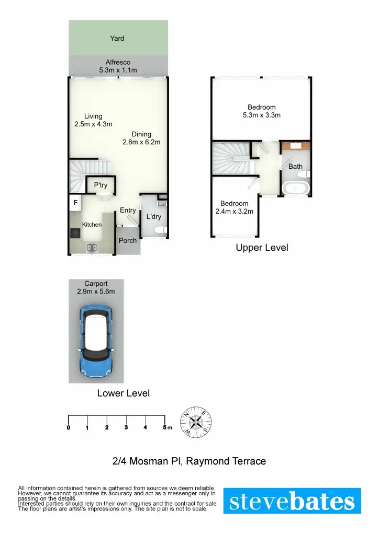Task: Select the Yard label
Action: click(x=117, y=38)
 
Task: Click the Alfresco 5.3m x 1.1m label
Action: click(x=118, y=66)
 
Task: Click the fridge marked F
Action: click(x=75, y=202)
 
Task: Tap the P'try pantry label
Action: click(x=101, y=185)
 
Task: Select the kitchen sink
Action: click(x=92, y=248)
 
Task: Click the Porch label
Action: click(x=128, y=241)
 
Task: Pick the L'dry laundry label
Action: click(x=153, y=216)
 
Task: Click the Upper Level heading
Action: click(x=262, y=248)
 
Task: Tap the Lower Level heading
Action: click(x=124, y=393)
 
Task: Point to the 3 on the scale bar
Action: click(x=126, y=428)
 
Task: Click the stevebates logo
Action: click(x=292, y=501)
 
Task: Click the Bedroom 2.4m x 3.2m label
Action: click(x=234, y=208)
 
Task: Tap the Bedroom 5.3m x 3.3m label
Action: click(x=262, y=111)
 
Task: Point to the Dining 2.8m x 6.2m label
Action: click(x=141, y=138)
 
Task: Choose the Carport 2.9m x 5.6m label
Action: click(x=96, y=288)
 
